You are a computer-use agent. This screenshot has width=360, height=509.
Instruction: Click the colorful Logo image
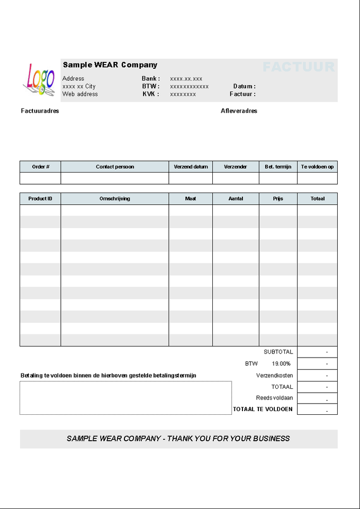click(x=39, y=79)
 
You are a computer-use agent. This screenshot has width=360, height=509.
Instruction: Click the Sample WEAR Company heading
click(x=110, y=65)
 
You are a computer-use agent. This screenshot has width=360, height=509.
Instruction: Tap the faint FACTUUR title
click(x=299, y=67)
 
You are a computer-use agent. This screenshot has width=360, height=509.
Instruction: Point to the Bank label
click(x=150, y=79)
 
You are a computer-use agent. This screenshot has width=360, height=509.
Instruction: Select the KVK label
click(x=150, y=94)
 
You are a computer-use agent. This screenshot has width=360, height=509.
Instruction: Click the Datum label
click(x=244, y=86)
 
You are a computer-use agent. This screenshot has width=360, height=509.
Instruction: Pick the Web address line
click(x=80, y=94)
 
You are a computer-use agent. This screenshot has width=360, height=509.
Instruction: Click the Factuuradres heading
click(x=40, y=111)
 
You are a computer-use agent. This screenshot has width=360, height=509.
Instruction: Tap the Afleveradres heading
click(x=239, y=111)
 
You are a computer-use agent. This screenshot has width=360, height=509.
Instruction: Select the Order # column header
click(x=41, y=167)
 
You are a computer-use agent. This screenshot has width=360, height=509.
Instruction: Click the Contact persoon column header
click(x=115, y=167)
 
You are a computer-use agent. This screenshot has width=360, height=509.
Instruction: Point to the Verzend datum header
click(x=191, y=167)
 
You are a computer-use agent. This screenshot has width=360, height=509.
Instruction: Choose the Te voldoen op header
click(x=317, y=167)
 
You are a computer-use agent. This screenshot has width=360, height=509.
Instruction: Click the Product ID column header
click(x=40, y=199)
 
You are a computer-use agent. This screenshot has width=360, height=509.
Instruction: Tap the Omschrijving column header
click(x=115, y=199)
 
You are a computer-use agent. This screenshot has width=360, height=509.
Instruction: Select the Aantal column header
click(x=236, y=199)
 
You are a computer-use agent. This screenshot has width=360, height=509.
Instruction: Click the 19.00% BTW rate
click(x=281, y=364)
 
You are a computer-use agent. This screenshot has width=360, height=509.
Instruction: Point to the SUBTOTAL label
click(x=278, y=352)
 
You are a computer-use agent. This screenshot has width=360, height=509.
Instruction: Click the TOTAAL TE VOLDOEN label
click(x=263, y=410)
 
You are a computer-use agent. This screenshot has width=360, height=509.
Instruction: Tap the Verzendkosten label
click(x=274, y=376)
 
